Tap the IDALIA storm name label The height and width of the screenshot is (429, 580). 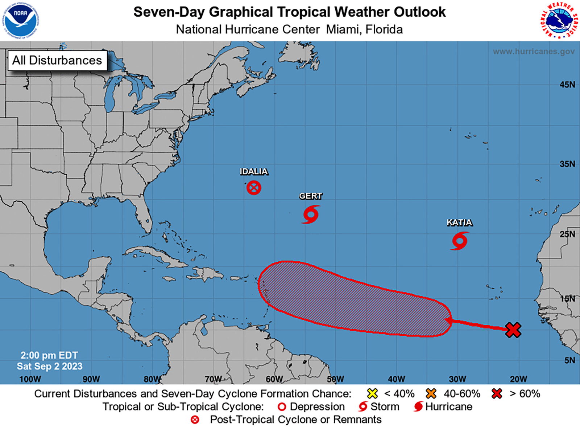click(254, 172)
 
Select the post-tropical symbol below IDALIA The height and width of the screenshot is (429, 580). click(254, 188)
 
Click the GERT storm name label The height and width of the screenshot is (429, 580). click(310, 196)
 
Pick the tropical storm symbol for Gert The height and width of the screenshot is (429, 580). click(311, 214)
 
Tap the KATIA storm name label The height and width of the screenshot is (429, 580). click(459, 222)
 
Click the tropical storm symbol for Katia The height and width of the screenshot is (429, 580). click(460, 241)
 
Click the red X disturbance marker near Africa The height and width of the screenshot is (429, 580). click(513, 330)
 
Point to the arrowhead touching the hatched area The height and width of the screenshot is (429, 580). click(449, 321)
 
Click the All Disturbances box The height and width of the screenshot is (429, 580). click(57, 60)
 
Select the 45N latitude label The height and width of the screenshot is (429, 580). click(567, 85)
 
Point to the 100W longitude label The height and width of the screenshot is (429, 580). click(30, 379)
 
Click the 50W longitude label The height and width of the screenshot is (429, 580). click(335, 379)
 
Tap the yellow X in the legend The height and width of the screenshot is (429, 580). click(372, 393)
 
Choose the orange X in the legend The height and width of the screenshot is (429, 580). click(431, 393)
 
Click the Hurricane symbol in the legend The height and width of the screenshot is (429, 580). click(418, 406)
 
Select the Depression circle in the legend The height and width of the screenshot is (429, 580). click(282, 407)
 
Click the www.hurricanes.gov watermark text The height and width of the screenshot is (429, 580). click(534, 52)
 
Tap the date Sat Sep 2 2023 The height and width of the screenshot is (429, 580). click(50, 366)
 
